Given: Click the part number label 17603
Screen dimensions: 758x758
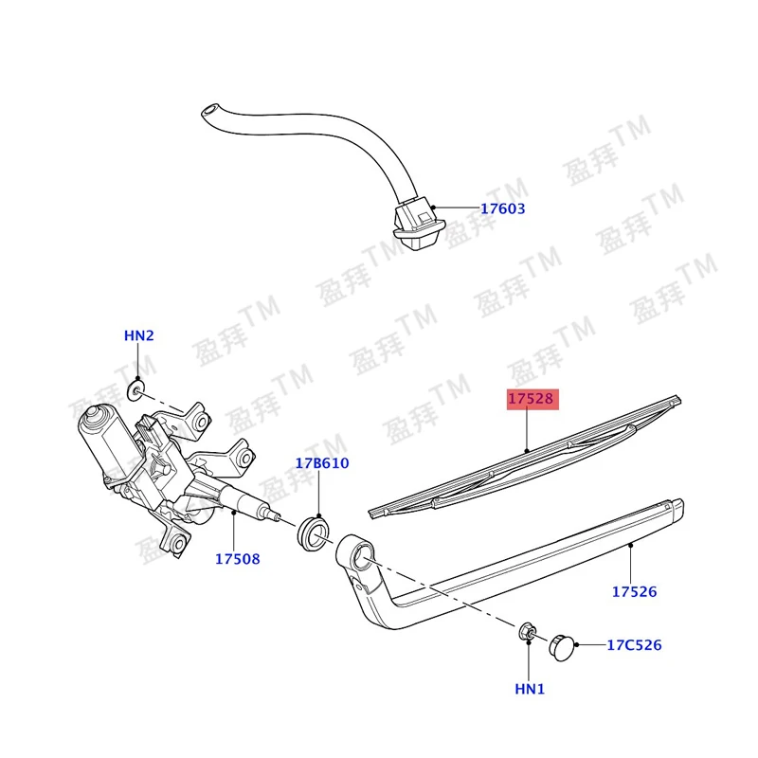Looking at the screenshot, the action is pos(502,208).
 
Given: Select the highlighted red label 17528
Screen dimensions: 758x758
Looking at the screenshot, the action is pos(532,399).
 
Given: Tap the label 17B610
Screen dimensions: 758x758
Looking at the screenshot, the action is pos(322,463).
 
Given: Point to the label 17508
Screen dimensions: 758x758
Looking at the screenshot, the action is pos(238,559).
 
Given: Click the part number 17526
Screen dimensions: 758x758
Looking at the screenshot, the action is pos(634,591).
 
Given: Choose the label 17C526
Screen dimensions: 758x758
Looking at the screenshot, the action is pos(634,645).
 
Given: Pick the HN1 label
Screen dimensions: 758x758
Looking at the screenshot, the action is pos(530,689).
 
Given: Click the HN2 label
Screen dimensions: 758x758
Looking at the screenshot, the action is pos(138,335).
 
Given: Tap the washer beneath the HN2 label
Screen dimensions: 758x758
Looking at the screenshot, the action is pos(136,390).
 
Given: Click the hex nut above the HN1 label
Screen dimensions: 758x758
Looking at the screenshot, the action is pos(528,632).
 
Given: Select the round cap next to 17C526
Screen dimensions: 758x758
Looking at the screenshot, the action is pos(562,647).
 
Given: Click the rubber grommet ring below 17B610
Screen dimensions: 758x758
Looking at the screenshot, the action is pos(313,533).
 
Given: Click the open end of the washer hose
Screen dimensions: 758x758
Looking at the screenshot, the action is pos(208,110).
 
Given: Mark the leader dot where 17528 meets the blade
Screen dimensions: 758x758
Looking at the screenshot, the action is pos(528,451).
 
